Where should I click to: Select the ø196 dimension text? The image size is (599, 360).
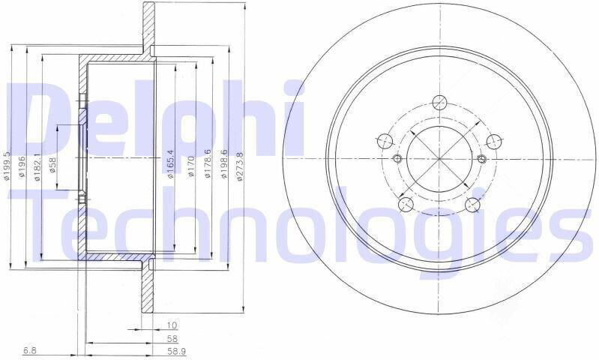[22, 167]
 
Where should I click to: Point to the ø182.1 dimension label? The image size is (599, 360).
[37, 167]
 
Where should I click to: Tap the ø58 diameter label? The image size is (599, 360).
[53, 166]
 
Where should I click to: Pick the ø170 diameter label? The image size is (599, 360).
[191, 166]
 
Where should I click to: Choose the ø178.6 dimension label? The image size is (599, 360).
[208, 164]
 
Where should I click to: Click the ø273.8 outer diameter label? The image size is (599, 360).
[239, 166]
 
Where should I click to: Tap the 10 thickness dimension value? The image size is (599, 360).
[172, 325]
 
